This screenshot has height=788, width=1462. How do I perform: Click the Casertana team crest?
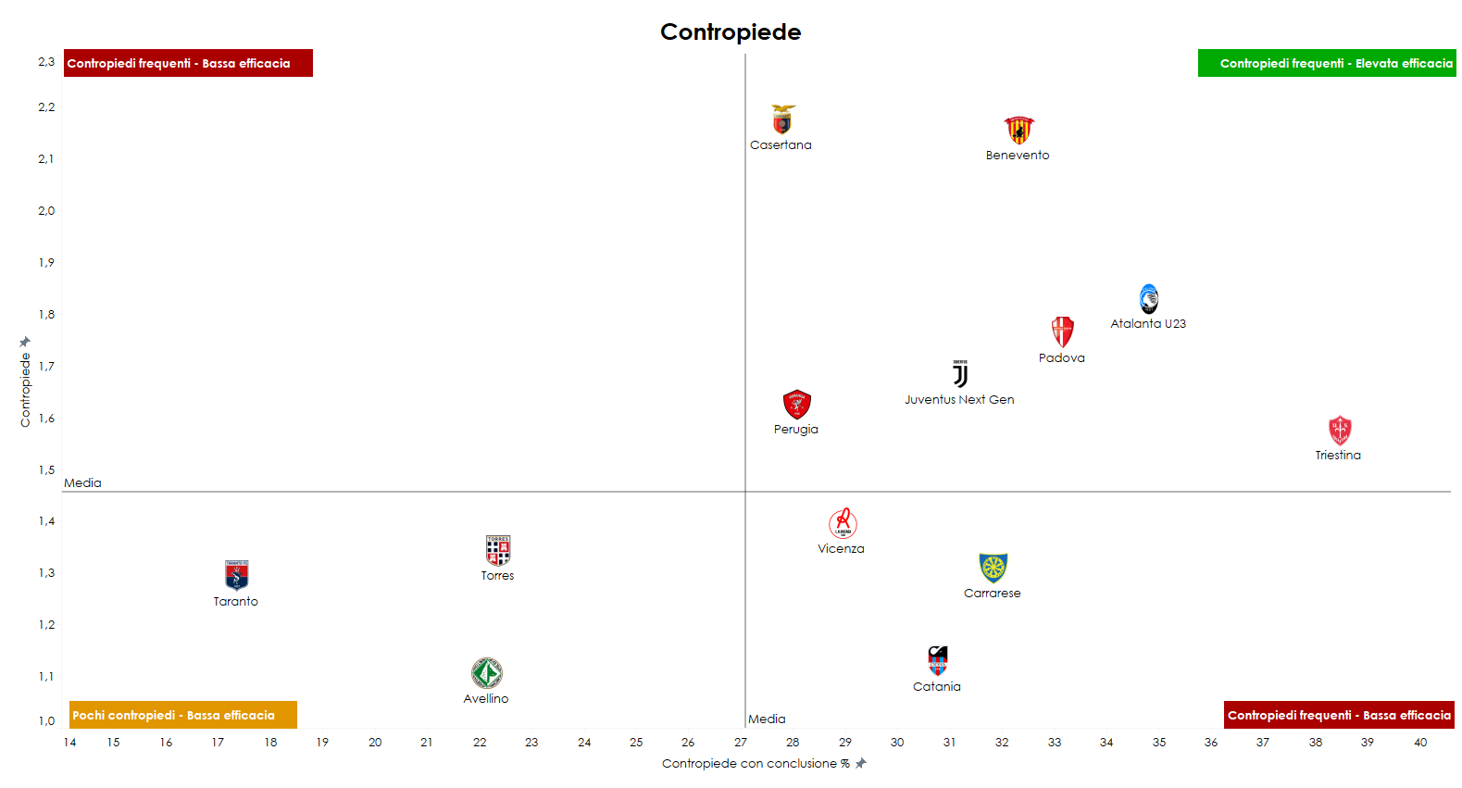click(782, 119)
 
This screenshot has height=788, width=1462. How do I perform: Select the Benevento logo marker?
click(1018, 130)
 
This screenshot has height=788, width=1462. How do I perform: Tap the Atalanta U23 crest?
click(1148, 298)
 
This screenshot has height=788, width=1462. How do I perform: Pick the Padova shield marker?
click(1062, 331)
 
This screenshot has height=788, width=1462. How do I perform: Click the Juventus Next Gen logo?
click(960, 374)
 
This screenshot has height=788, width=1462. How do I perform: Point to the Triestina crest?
click(1339, 431)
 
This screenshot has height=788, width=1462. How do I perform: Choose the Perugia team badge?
click(796, 405)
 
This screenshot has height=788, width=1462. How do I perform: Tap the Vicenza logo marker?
click(843, 523)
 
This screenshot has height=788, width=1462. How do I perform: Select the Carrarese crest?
click(993, 568)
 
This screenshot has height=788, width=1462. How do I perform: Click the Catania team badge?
click(938, 661)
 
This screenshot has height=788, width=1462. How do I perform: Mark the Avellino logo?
click(486, 673)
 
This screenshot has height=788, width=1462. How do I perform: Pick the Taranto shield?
click(236, 575)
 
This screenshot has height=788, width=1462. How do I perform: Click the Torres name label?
click(497, 576)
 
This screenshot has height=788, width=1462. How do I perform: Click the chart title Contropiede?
click(731, 31)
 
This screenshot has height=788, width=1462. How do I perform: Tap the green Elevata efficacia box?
click(1327, 63)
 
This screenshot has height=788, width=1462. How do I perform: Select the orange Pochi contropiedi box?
click(183, 715)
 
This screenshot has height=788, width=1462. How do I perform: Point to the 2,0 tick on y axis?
click(46, 211)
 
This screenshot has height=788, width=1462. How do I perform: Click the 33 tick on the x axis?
click(1055, 743)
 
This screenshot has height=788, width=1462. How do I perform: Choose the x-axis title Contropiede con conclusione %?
click(756, 764)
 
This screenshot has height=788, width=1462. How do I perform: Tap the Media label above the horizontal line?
click(82, 482)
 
